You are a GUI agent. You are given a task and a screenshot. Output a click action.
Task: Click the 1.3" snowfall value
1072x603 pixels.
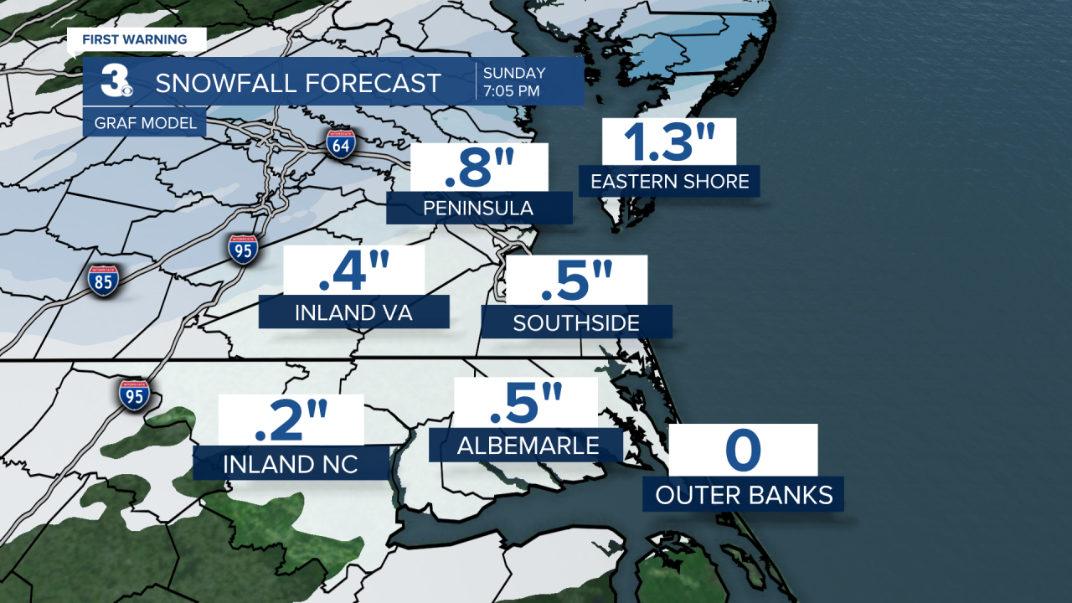668,142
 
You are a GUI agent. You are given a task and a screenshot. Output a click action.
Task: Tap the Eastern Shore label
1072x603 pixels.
669,181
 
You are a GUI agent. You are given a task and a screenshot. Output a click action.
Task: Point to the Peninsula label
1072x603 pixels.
479,208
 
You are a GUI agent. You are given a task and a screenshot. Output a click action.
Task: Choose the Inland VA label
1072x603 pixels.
353,312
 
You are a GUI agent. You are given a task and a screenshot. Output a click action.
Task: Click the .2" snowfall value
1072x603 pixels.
291,420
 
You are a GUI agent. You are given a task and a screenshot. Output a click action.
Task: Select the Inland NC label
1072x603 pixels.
291,463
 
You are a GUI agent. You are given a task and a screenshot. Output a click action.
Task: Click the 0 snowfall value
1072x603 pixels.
743,450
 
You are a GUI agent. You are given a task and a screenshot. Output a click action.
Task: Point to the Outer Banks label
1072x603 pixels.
744,494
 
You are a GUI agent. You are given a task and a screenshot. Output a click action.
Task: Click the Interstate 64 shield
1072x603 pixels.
341,144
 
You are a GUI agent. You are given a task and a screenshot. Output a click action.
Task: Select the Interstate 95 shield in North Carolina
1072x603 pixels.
134,394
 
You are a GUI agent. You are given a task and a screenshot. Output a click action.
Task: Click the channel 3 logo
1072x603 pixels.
114,81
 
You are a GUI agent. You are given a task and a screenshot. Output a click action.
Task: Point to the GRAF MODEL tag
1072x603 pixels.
141,124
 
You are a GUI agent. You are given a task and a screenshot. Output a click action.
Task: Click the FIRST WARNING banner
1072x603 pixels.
134,39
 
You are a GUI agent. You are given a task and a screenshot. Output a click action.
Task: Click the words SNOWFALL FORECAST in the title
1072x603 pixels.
298,83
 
